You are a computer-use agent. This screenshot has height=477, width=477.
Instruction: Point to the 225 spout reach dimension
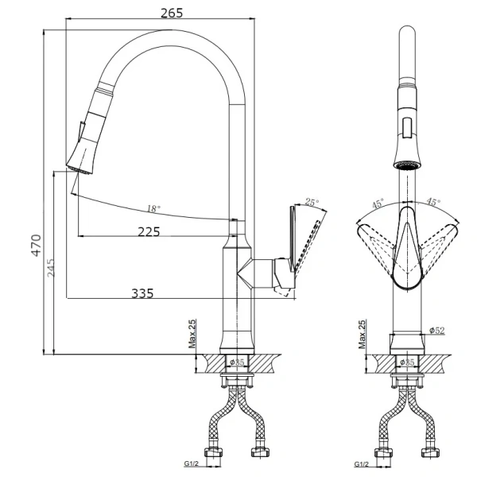pyautogui.click(x=149, y=232)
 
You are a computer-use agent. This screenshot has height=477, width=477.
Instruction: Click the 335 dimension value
pyautogui.click(x=142, y=293)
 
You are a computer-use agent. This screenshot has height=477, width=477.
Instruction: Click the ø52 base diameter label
pyautogui.click(x=436, y=330)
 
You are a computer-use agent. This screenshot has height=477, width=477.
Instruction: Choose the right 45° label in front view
pyautogui.click(x=435, y=202)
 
